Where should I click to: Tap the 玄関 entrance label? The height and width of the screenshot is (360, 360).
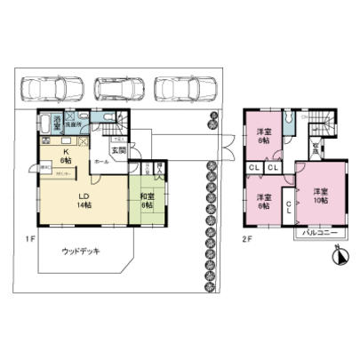pos(128,149)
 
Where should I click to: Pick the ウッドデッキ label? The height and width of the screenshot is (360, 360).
pos(80,252)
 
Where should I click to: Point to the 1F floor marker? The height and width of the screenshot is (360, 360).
pos(28,237)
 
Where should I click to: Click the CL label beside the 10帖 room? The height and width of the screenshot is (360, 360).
pos(290,206)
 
